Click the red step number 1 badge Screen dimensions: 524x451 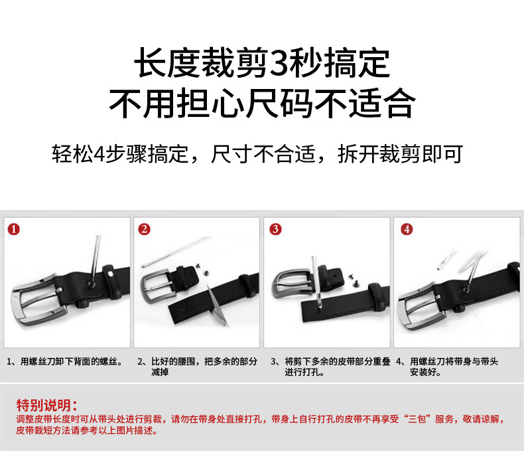(x=14, y=230)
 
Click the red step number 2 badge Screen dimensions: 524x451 (x=144, y=230)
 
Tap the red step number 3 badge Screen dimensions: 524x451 (x=275, y=230)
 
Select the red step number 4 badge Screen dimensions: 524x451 (x=407, y=230)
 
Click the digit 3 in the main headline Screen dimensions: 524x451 (x=279, y=63)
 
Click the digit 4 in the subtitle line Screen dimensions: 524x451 (x=99, y=154)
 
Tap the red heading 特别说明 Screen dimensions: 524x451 (x=47, y=405)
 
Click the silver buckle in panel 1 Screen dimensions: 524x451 (x=36, y=300)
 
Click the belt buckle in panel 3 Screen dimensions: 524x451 (x=290, y=285)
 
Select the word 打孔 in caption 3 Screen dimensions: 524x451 (x=310, y=372)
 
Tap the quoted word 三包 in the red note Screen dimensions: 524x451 (x=417, y=419)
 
